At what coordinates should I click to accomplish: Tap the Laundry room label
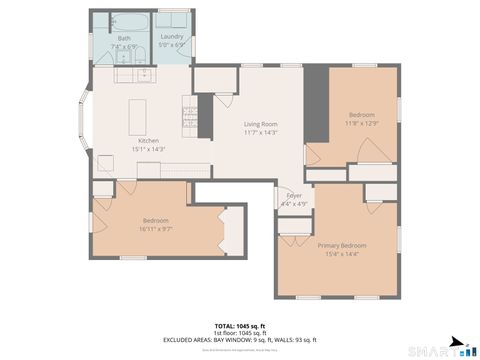170,38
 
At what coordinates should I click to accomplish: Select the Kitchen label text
149,141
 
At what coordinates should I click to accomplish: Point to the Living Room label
260,123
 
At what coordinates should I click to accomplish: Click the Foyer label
294,195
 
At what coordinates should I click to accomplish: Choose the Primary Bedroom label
342,245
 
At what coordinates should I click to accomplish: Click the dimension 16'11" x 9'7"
155,228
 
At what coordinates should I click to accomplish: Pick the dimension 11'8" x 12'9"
362,124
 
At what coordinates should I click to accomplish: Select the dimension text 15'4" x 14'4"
342,253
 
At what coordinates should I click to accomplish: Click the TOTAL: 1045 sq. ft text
240,326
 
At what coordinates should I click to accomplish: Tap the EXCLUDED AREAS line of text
240,340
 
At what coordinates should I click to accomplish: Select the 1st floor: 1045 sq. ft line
240,333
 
